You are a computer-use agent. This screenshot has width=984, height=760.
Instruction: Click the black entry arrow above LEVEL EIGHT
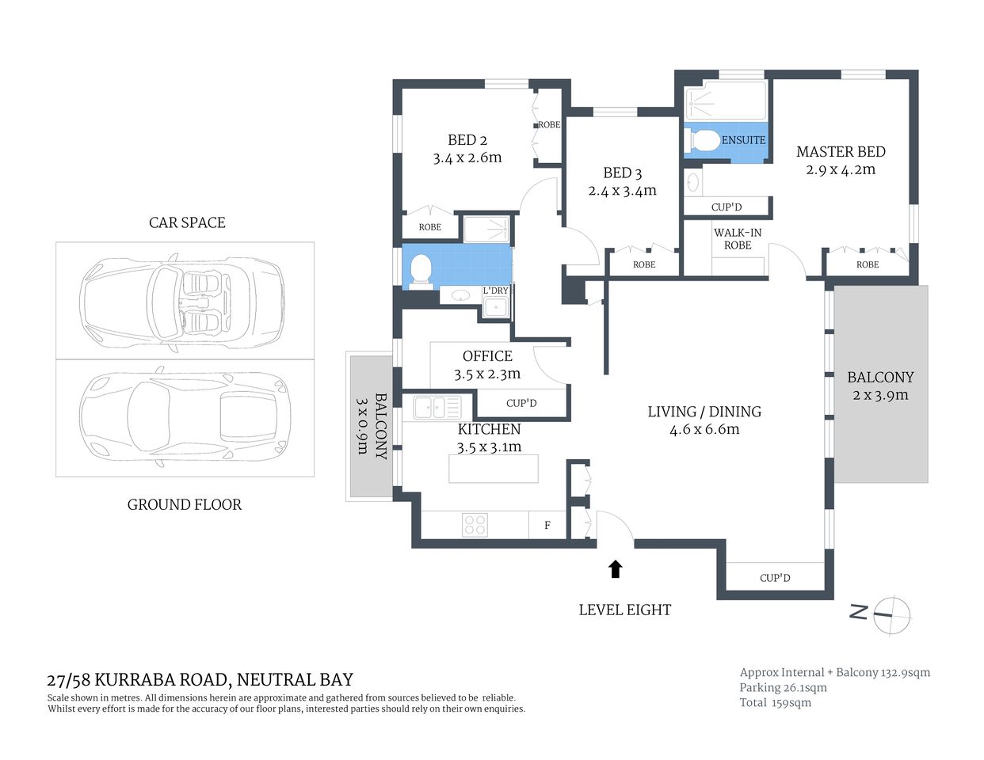tap(615, 568)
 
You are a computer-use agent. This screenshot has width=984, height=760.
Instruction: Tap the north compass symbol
tap(891, 614)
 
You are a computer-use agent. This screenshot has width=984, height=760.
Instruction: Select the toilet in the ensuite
tap(703, 141)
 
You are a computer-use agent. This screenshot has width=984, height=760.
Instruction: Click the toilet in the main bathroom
tap(419, 269)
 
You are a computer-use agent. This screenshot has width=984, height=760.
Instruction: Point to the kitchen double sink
tap(437, 408)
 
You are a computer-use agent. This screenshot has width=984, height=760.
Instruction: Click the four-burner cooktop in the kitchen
tap(475, 524)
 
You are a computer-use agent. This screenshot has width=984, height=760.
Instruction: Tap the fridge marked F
tap(547, 525)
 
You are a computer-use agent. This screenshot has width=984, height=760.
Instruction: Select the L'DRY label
tap(496, 291)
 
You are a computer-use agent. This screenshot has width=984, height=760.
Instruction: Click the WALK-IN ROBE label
tap(738, 238)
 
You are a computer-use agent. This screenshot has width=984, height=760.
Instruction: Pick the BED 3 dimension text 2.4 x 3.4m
tap(622, 191)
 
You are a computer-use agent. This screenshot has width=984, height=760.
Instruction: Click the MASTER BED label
tap(841, 151)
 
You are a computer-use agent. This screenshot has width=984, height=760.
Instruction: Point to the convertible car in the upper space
tap(181, 301)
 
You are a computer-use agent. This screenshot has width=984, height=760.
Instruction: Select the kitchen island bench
tap(493, 469)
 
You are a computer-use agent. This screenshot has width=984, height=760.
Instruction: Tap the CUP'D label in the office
tap(521, 403)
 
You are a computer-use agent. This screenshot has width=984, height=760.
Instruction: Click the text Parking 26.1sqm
tap(783, 687)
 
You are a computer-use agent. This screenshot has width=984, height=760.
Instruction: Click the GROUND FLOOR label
tap(184, 504)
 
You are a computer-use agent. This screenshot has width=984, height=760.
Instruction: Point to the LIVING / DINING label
tap(704, 412)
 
